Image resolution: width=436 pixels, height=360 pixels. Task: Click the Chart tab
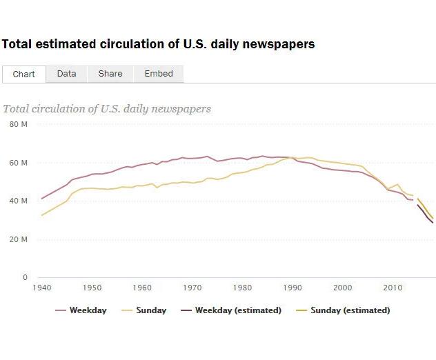coord(24,74)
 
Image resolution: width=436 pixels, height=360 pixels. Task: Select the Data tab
coord(67,74)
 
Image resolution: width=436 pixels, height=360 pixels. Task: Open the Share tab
coord(110,74)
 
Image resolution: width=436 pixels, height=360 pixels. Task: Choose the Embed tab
coord(159,74)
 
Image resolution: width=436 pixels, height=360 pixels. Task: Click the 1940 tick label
coord(42,287)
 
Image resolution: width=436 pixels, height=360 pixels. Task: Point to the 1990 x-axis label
coord(293,287)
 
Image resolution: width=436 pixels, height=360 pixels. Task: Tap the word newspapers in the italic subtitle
coord(183,109)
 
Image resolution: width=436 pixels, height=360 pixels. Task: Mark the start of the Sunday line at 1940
coord(42,215)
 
